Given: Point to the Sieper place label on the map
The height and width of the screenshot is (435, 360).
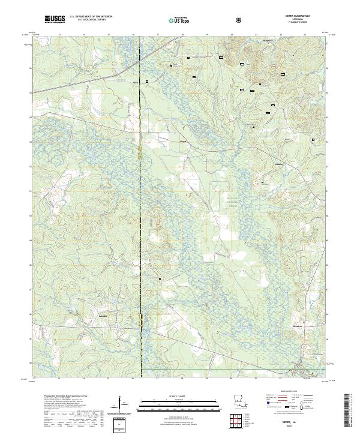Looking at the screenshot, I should [x=184, y=142].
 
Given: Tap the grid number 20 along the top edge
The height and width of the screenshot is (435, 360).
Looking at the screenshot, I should [x=232, y=35].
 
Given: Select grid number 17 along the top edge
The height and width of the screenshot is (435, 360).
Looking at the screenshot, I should [x=157, y=35].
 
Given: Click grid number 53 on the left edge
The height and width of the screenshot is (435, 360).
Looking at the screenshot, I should [x=31, y=142].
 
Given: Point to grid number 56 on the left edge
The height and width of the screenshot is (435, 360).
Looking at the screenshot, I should [x=31, y=68].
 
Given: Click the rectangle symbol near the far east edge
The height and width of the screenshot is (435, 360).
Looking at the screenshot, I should [x=313, y=140].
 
